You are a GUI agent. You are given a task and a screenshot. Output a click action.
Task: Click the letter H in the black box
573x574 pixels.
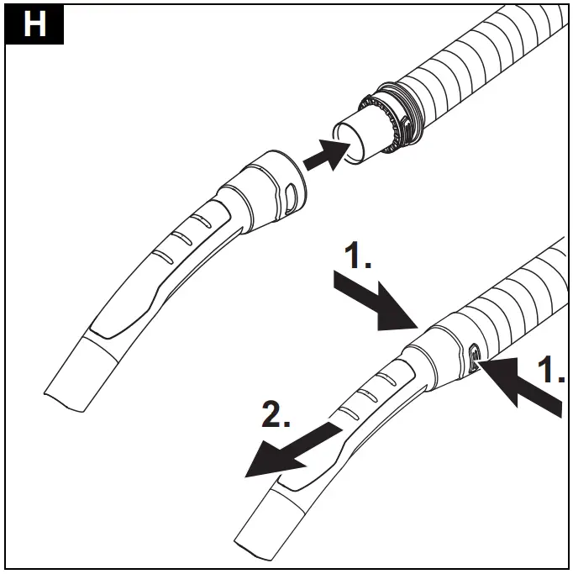point(34,25)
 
